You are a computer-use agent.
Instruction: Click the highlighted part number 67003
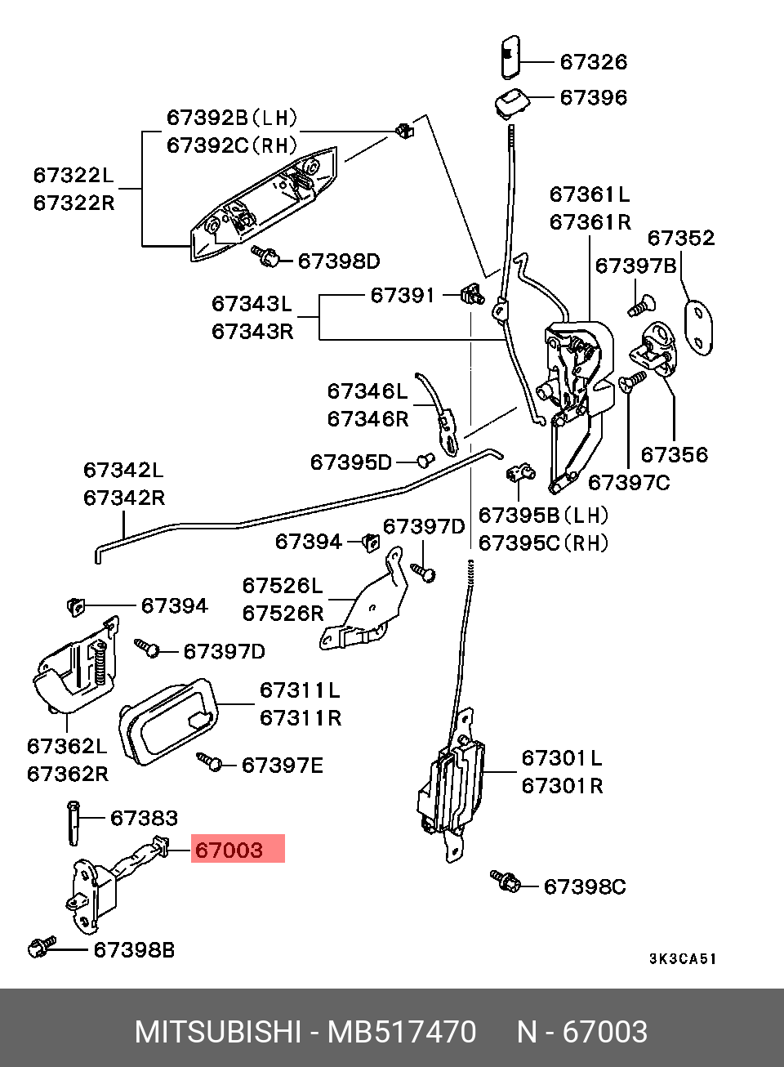tap(229, 850)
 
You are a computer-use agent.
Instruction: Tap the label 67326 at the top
tap(594, 62)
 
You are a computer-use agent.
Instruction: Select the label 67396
tap(594, 97)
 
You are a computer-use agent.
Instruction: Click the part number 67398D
tap(339, 261)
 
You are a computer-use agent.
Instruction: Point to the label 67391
tap(403, 295)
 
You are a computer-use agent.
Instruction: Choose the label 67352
tap(681, 238)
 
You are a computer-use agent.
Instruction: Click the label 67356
tap(675, 454)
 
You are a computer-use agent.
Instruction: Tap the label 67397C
tap(629, 483)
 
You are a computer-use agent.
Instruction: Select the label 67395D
tap(351, 462)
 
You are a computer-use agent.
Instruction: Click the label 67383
tap(145, 818)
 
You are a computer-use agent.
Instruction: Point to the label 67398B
tap(134, 950)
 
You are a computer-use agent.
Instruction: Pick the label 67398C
tap(585, 886)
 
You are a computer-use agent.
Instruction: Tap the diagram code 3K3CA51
tap(683, 958)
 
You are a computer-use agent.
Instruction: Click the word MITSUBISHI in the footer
tap(217, 1032)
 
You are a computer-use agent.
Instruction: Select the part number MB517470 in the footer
tap(402, 1032)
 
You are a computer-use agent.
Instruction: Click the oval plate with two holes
tap(698, 328)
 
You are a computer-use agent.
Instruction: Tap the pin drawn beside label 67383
tap(73, 823)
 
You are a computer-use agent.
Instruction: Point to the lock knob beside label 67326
tap(510, 56)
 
